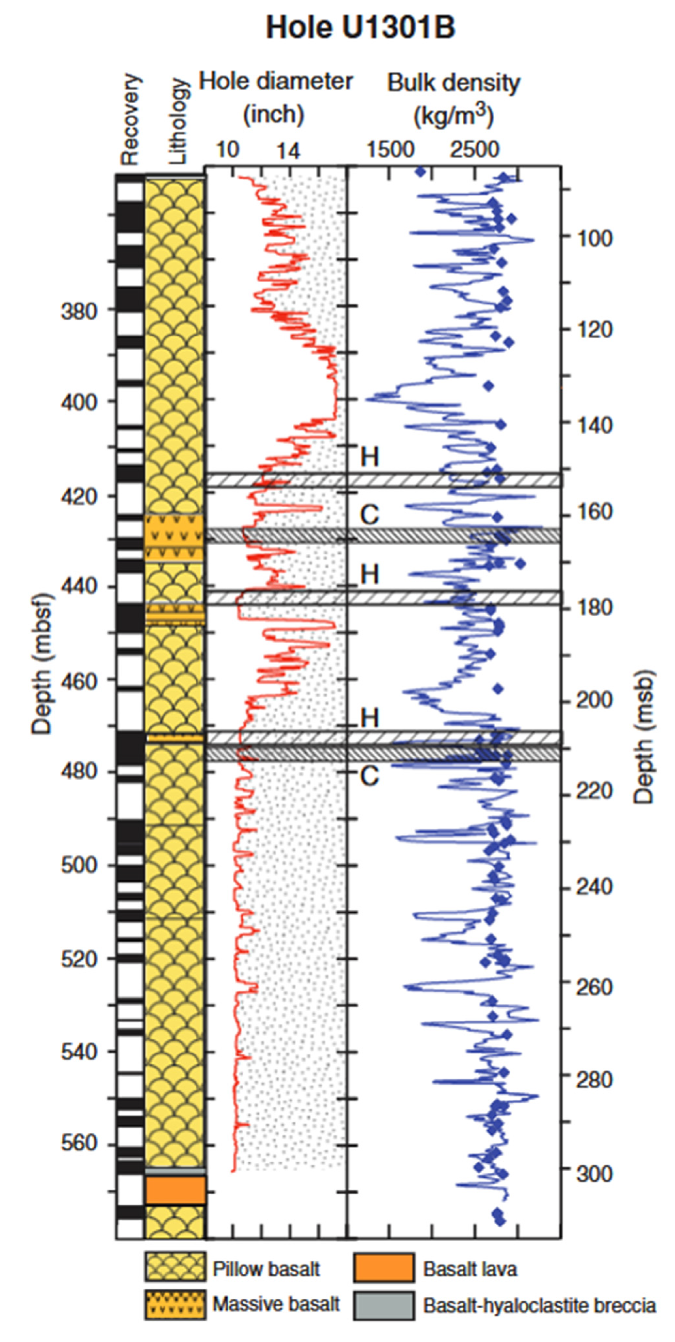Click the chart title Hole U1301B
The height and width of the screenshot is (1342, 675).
click(360, 27)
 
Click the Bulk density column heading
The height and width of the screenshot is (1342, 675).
click(453, 99)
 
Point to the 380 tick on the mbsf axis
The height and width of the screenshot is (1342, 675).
click(79, 312)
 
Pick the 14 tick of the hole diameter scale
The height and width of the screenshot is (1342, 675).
click(288, 150)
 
